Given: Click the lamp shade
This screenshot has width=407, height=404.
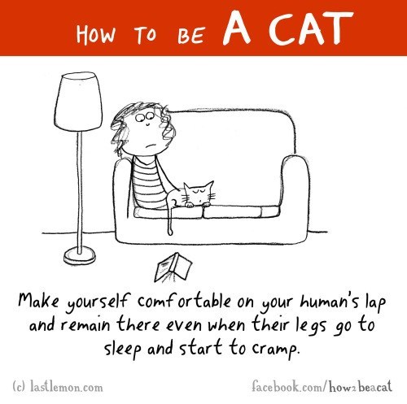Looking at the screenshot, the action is (x=79, y=102).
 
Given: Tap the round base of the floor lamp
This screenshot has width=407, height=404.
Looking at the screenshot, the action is (x=80, y=256).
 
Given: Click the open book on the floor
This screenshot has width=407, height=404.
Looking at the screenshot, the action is (x=173, y=267).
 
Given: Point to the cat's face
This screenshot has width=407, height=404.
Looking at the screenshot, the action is (x=199, y=193).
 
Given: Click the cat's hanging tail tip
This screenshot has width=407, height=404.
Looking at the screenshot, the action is (x=170, y=232).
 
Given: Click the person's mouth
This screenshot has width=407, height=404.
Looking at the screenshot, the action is (x=147, y=145).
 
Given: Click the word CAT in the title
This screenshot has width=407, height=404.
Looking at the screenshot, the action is (x=311, y=28).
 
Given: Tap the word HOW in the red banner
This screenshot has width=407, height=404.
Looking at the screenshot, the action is (x=95, y=34).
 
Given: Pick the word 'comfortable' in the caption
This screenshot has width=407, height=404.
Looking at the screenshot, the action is (x=184, y=302).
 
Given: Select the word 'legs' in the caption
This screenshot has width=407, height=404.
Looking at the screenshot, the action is (x=311, y=325).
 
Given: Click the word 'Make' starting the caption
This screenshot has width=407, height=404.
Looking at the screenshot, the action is (x=38, y=301).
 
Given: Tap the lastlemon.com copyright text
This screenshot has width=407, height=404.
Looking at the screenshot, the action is (x=58, y=386).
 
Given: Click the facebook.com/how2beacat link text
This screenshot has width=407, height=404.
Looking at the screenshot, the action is (x=322, y=386).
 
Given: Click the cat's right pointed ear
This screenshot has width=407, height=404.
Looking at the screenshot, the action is (x=209, y=186).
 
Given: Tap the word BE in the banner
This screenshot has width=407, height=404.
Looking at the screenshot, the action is (x=191, y=36).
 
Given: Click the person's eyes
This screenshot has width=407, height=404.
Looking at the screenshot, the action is (x=145, y=117).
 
